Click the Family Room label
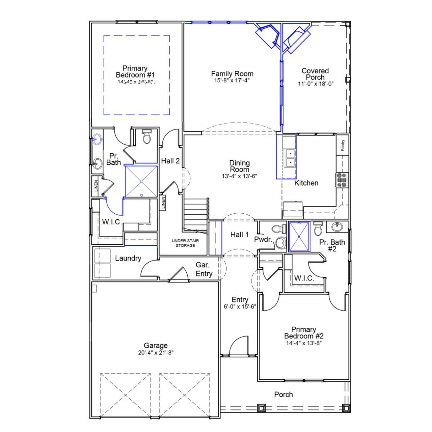tap(232, 74)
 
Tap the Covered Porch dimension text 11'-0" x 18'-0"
tap(316, 84)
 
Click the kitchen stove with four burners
tap(342, 180)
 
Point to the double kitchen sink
tap(290, 158)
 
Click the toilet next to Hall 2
tap(147, 137)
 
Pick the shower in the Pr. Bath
tap(141, 181)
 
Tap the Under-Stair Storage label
tap(185, 243)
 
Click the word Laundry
tap(128, 259)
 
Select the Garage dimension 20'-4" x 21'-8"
tap(156, 353)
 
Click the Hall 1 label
tap(239, 235)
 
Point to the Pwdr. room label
tap(263, 240)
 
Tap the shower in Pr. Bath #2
tap(299, 236)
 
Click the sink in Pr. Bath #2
tap(336, 227)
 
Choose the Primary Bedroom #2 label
tap(304, 333)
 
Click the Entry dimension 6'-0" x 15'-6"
tap(240, 307)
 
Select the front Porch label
tap(283, 395)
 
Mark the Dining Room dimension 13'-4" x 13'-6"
tap(240, 176)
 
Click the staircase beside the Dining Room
tap(195, 214)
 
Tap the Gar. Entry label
tap(204, 270)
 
